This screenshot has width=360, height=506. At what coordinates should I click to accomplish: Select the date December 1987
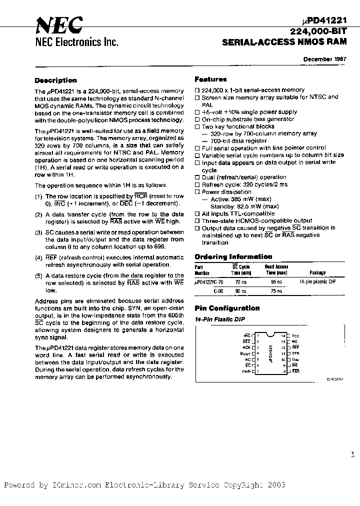[x=325, y=59]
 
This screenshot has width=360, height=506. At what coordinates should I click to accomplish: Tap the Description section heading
[x=55, y=80]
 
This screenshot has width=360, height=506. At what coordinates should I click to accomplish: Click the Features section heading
[x=210, y=79]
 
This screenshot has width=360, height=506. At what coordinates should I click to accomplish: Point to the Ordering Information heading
[x=233, y=257]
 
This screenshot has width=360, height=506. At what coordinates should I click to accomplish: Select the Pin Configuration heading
[x=227, y=308]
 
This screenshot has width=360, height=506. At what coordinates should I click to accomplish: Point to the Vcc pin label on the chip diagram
[x=295, y=335]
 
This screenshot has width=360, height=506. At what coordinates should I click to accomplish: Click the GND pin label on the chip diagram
[x=245, y=371]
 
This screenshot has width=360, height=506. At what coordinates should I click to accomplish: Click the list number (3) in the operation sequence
[x=38, y=232]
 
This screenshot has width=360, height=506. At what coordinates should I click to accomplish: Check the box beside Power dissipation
[x=197, y=192]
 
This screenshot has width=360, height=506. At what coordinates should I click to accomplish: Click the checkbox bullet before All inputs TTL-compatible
[x=197, y=213]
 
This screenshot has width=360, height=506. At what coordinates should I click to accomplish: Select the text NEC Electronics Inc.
[x=76, y=42]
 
